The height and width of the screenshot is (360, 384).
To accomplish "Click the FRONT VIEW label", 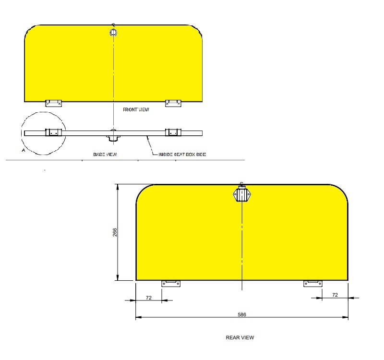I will click(136, 110).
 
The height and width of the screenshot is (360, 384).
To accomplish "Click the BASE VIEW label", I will click(105, 154).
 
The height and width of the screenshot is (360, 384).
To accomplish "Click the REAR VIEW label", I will click(240, 337).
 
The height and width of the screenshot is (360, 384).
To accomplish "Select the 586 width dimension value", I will click(242, 315).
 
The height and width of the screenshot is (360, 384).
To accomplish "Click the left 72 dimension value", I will click(149, 298).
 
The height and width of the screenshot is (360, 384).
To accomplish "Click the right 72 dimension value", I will click(335, 295).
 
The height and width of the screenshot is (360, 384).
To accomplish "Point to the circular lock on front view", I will click(113, 33).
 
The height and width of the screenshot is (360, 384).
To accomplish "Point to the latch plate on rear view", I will click(242, 195).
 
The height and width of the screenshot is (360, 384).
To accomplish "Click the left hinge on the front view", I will click(53, 103).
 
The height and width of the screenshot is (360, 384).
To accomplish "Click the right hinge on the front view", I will click(173, 103).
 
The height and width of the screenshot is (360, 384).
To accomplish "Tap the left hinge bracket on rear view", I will click(171, 284).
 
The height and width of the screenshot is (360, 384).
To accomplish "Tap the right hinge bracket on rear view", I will click(313, 284).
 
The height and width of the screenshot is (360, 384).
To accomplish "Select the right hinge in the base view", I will click(173, 132).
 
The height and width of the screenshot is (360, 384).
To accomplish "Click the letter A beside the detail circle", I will click(24, 150).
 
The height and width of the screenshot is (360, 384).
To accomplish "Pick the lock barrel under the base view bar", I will click(113, 138).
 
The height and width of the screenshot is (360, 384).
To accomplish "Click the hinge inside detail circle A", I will click(53, 132).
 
